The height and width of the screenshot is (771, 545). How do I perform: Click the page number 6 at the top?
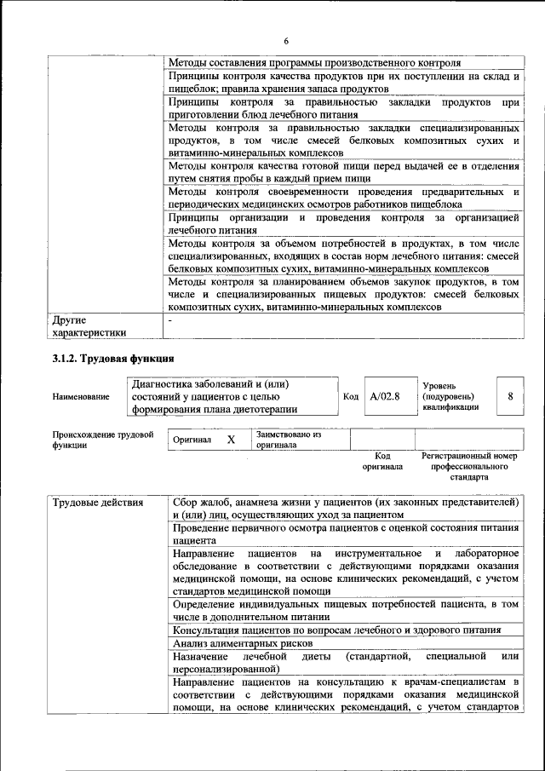(x=286, y=42)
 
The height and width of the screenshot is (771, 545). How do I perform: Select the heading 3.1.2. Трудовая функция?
(x=113, y=358)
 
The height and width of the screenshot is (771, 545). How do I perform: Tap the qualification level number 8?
(x=510, y=396)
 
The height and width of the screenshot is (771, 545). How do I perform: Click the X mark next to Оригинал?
(x=230, y=440)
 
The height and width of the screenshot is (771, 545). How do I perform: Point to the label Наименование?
(x=81, y=397)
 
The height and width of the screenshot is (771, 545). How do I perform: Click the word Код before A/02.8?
(x=351, y=396)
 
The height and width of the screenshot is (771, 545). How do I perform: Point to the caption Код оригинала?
(x=382, y=462)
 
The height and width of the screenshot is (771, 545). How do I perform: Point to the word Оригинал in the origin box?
(x=192, y=440)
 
